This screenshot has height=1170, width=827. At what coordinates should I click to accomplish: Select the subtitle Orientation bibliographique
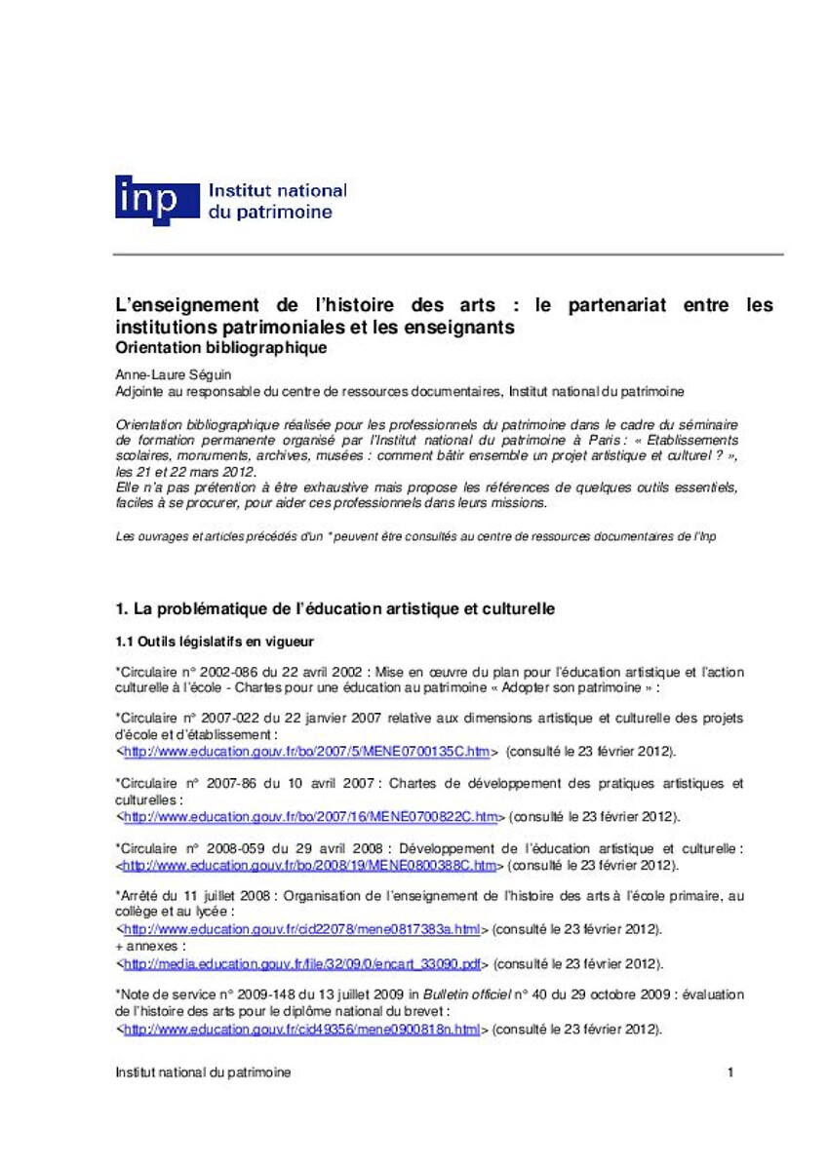click(220, 346)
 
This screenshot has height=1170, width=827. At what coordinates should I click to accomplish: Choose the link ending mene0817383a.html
click(303, 929)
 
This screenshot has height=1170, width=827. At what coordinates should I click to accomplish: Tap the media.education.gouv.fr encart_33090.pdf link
click(303, 963)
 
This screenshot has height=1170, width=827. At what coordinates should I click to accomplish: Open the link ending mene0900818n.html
click(302, 1029)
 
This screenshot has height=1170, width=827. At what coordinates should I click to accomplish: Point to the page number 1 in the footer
click(729, 1072)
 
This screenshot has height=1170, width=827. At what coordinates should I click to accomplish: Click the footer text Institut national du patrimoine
click(202, 1072)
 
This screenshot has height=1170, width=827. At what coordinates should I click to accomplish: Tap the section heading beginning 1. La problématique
click(335, 608)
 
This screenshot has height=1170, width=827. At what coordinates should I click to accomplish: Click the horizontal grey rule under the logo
click(449, 253)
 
